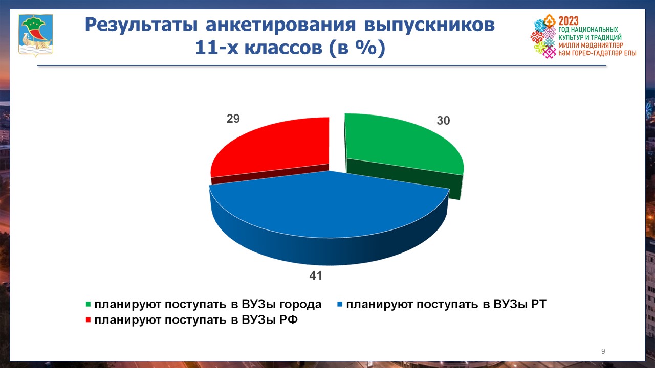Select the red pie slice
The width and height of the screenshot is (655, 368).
[275, 146]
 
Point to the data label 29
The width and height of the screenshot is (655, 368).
[233, 119]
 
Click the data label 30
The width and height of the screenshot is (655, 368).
[443, 120]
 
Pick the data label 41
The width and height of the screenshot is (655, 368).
[316, 275]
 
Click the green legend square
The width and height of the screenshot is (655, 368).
[88, 304]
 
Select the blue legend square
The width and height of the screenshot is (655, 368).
[340, 304]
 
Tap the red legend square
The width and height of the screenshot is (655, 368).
[88, 320]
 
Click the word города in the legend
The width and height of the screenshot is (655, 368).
[300, 305]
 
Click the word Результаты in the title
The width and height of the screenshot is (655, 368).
[141, 26]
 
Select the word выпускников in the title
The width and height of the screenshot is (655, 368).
[429, 26]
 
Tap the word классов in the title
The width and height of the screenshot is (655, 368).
[283, 48]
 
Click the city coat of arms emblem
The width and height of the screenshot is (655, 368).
[36, 35]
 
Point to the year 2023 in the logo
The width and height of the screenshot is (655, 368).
[569, 21]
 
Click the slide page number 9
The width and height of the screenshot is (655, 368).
[603, 351]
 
